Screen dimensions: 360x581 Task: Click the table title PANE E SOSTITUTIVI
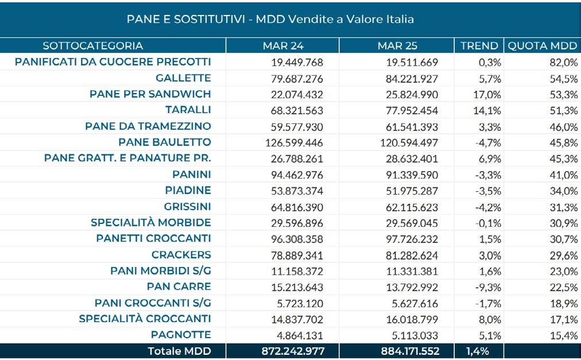pos(270,20)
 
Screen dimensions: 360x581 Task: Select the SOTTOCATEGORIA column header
pos(92,46)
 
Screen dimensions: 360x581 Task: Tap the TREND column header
pos(479,46)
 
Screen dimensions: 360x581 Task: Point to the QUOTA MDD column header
pos(541,46)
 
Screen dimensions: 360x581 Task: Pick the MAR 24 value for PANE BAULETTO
pos(294,142)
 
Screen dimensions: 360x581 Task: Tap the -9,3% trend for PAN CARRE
pos(489,287)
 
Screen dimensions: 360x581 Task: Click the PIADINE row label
pos(188,191)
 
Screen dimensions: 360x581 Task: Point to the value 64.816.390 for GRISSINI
pos(296,207)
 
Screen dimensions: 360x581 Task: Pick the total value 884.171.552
pos(406,351)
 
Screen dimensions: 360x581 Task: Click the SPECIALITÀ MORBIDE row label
pos(151,223)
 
